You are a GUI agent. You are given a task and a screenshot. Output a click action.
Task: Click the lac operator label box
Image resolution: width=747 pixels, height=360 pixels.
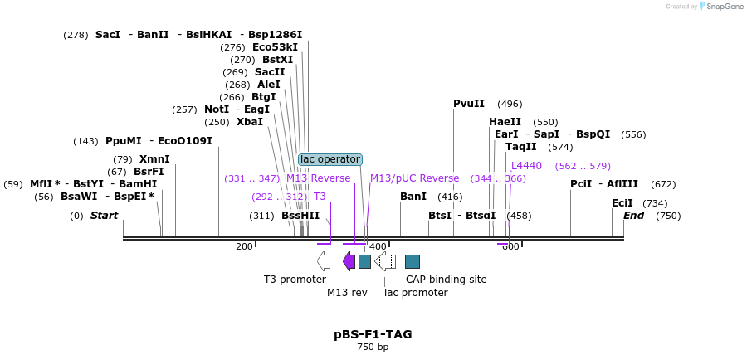330,159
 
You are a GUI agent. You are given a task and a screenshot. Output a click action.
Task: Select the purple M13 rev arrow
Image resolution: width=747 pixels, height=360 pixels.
349,261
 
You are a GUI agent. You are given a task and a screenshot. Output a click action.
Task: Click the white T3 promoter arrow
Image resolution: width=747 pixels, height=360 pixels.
324,261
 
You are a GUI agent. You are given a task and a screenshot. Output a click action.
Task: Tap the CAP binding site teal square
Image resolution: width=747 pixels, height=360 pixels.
413,261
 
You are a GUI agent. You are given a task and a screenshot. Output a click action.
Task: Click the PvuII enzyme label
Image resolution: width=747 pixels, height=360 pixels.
469,104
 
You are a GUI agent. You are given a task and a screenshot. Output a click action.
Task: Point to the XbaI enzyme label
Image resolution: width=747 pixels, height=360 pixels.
250,122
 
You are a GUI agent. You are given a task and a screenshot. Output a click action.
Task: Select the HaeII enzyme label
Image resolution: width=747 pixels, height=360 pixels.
505,122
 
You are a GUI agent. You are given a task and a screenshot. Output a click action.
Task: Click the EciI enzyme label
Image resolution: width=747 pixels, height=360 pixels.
622,203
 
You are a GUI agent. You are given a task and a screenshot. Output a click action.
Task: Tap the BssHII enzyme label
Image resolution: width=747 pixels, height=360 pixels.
300,216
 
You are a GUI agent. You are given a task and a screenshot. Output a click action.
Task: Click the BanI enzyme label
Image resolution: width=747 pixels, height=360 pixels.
413,197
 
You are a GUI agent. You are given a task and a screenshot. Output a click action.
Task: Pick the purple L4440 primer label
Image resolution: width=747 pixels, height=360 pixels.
526,166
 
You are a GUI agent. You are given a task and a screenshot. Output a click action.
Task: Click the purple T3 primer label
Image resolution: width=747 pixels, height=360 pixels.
320,197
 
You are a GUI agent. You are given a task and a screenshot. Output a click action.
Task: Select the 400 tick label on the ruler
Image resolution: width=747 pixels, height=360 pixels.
378,246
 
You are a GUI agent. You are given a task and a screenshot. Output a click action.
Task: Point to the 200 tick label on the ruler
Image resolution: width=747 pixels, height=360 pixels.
244,246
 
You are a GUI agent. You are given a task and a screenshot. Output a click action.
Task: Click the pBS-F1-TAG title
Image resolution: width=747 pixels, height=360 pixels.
373,334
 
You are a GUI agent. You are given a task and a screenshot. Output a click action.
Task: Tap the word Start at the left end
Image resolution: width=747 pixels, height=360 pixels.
105,216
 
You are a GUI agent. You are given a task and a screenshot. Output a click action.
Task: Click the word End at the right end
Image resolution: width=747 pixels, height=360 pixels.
633,216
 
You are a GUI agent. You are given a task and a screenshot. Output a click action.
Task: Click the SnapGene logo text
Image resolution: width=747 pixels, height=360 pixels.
725,6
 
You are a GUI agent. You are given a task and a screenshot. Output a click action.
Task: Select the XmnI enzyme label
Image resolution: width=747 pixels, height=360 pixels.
154,159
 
